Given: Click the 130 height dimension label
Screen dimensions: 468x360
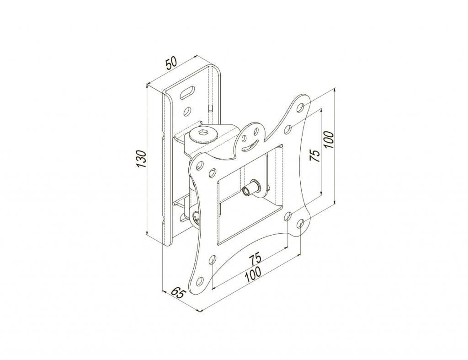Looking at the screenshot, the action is pos(141,159).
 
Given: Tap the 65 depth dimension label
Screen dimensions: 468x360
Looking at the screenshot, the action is pos(178,293).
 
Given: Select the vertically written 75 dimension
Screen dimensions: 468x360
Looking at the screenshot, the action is pos(315,155).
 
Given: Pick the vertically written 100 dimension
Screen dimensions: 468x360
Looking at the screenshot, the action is pos(328,140).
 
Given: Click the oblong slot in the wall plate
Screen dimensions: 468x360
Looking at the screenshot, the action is pos(187,92).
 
